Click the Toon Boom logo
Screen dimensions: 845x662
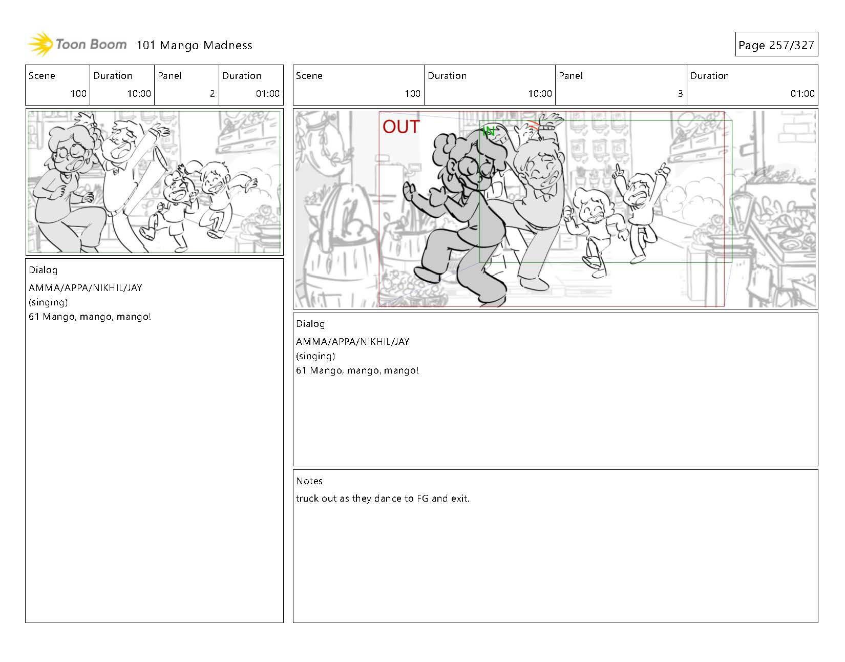tap(77, 44)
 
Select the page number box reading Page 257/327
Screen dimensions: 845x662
tap(776, 44)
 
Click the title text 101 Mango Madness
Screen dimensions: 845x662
tap(194, 45)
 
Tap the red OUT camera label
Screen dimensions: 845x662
tap(401, 127)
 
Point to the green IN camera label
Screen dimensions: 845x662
tap(489, 132)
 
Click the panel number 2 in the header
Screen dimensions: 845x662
tap(213, 94)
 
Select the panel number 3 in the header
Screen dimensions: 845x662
tap(680, 94)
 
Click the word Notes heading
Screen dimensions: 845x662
tap(309, 481)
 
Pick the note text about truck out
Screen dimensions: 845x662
tap(383, 498)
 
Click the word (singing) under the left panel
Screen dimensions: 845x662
tap(48, 302)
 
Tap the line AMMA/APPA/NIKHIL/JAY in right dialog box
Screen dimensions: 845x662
tap(353, 341)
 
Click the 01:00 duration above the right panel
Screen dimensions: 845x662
tap(802, 94)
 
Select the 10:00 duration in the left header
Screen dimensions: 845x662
tap(139, 94)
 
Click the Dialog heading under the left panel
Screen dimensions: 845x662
tap(43, 270)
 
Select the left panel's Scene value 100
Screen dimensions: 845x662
tap(78, 94)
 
